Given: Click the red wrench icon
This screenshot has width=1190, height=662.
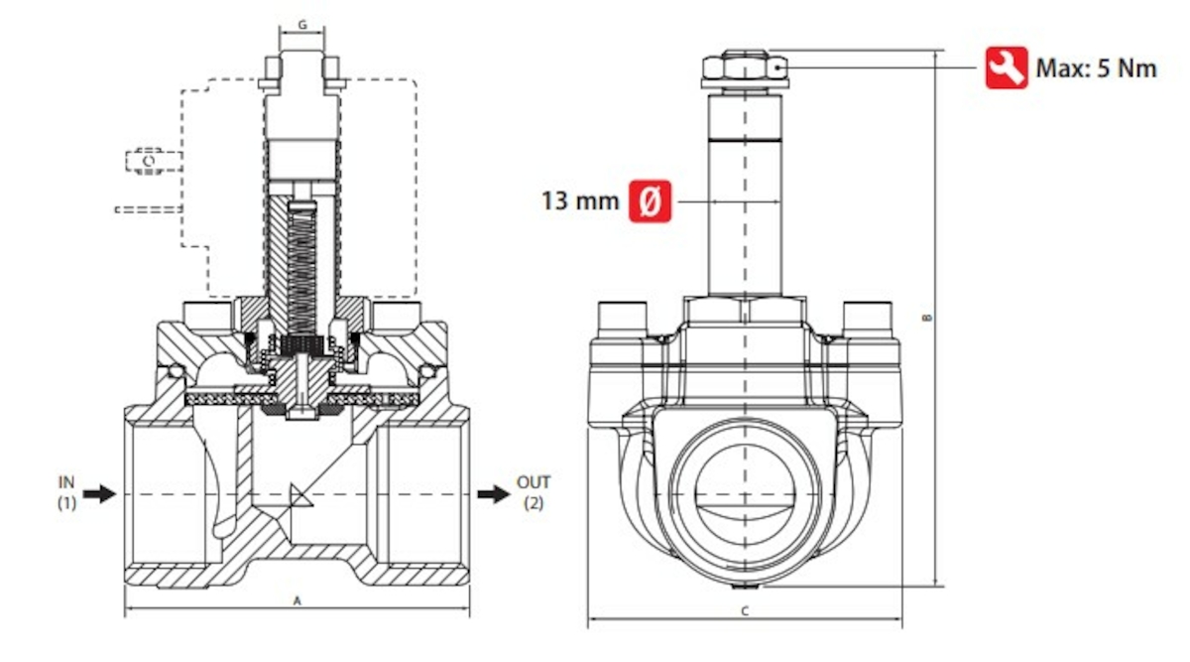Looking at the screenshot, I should point(1006,67).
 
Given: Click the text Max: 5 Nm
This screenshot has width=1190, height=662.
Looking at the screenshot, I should point(1096,68).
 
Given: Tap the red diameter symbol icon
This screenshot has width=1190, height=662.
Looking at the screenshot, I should point(651,201).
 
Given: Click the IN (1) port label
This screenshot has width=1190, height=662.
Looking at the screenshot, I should point(65,493).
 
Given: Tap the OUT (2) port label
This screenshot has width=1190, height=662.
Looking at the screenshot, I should point(534,493).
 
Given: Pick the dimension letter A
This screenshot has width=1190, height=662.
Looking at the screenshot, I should point(296,601).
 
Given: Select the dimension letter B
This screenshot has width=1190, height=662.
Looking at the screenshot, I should point(927,318).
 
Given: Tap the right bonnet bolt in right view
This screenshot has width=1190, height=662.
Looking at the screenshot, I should point(868,319).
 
